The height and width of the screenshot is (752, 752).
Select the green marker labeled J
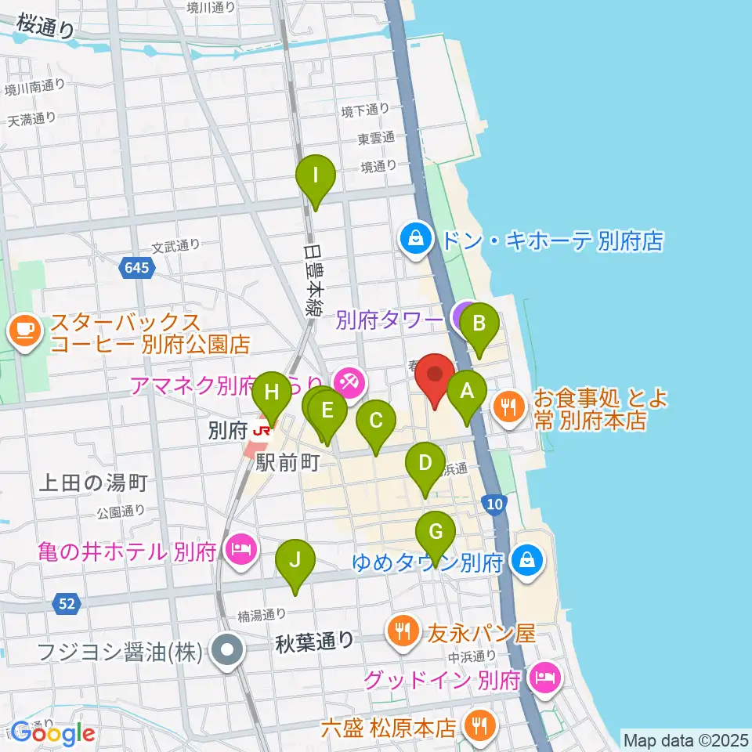295,561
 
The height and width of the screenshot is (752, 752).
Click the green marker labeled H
271,392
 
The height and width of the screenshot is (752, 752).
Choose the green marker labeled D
425,463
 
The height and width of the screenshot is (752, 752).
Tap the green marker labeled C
375,421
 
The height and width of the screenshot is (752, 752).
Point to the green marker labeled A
468,391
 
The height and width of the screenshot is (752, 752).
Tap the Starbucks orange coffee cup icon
24,331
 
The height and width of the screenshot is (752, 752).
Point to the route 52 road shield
67,602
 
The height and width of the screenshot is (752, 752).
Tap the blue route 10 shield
493,505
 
